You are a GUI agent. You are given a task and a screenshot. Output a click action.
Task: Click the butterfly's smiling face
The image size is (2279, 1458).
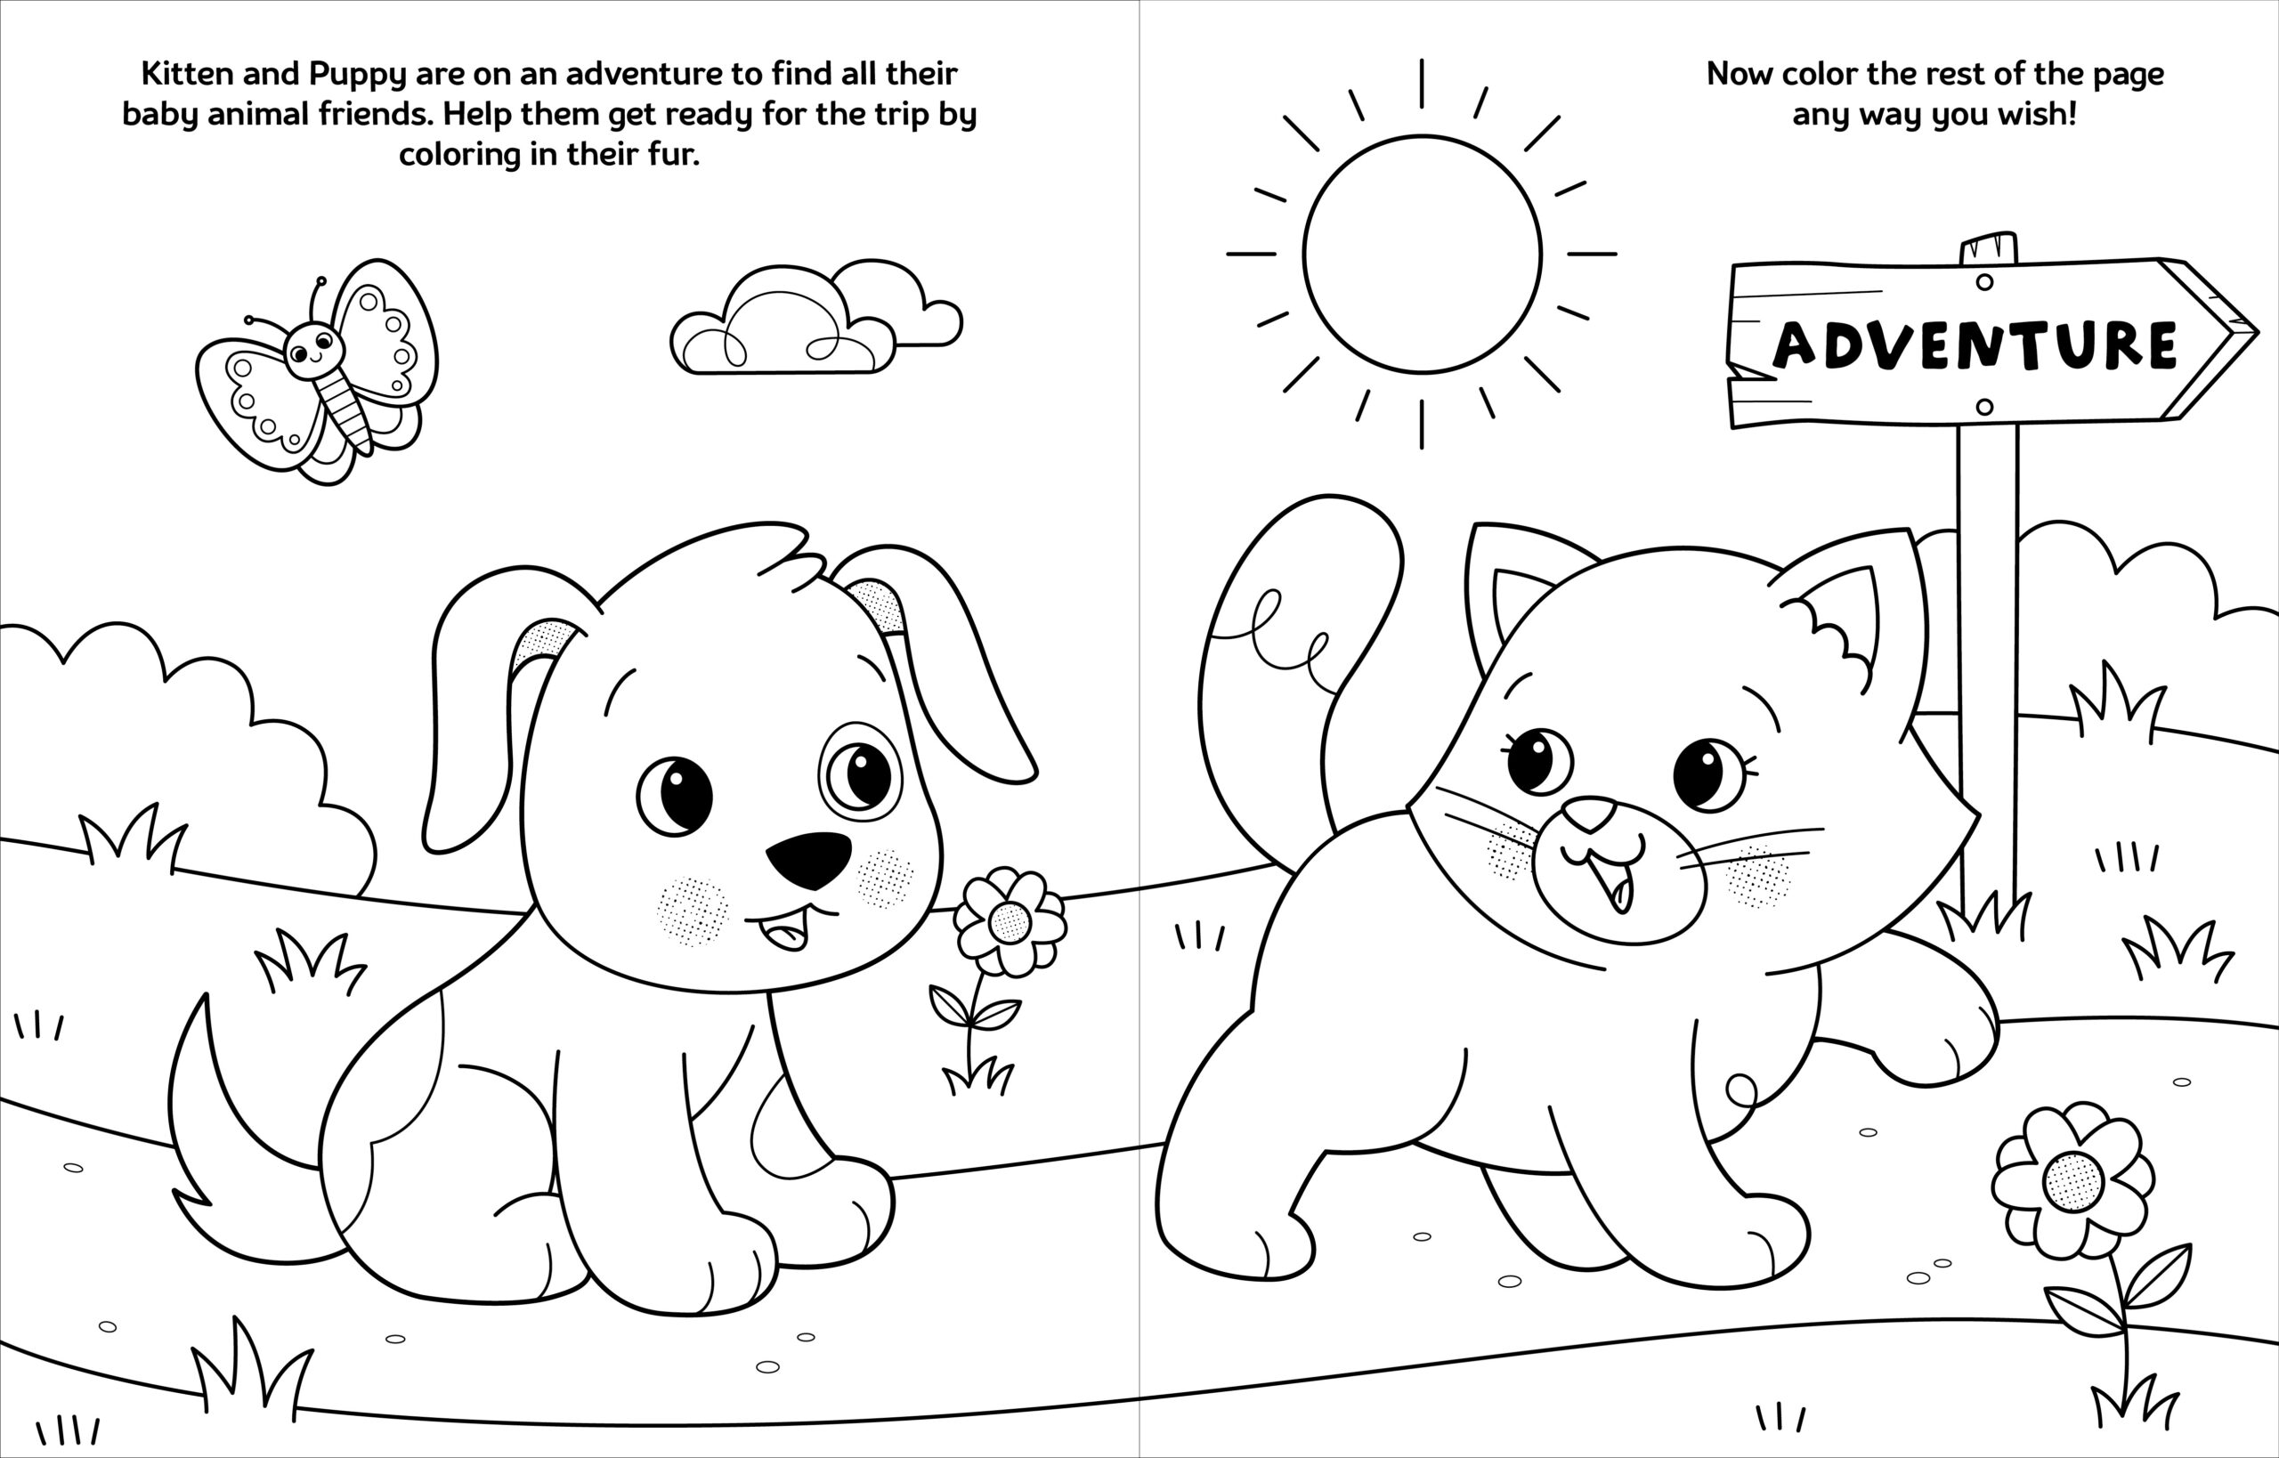(x=312, y=348)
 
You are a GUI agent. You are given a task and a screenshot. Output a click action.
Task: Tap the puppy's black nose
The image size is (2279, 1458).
(x=808, y=858)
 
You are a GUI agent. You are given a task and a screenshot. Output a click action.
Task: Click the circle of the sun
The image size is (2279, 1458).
(x=1421, y=254)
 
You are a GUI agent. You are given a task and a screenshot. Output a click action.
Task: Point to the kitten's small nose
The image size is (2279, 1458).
(x=1590, y=813)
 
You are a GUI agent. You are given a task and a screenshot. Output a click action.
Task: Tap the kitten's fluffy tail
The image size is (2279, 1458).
(x=1297, y=644)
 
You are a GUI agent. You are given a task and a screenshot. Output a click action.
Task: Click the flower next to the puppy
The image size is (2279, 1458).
(x=1010, y=921)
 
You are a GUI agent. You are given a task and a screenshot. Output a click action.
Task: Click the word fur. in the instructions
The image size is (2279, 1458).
(x=669, y=154)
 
